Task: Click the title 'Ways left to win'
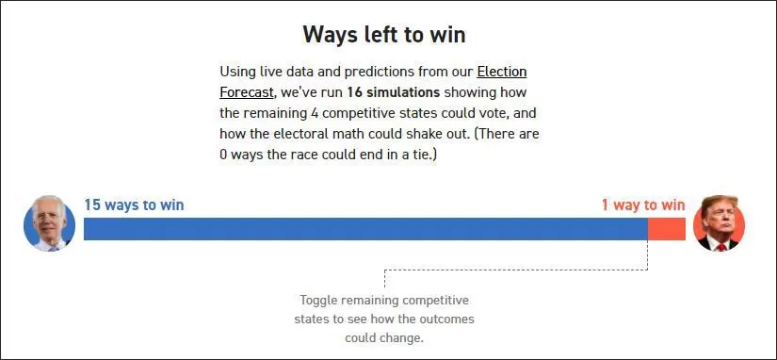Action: tap(384, 35)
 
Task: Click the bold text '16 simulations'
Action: tap(394, 92)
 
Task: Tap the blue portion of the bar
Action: tap(365, 229)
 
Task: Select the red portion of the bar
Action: tap(667, 229)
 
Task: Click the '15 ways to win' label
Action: tap(134, 205)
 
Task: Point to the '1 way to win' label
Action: tap(643, 205)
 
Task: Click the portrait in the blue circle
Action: tap(49, 223)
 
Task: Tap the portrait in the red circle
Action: tap(719, 223)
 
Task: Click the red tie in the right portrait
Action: tap(721, 247)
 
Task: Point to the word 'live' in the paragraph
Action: tap(271, 72)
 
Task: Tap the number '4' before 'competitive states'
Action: tap(315, 113)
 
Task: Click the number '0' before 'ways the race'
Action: tap(223, 155)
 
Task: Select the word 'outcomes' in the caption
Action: tap(446, 319)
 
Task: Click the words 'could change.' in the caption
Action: tap(384, 338)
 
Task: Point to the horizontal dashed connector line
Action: tap(516, 270)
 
